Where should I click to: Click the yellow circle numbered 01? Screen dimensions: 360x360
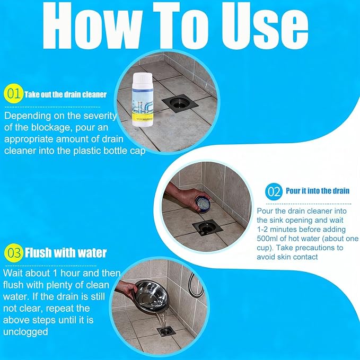point(14,93)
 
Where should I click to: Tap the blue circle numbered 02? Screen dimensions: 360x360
point(274,191)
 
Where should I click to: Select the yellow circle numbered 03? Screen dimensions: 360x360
point(14,253)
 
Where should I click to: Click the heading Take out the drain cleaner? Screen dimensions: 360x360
point(66,94)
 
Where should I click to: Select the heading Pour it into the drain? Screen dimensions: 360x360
point(318,191)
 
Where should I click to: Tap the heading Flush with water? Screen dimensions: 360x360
point(66,253)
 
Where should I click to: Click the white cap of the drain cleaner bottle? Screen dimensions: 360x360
point(143,79)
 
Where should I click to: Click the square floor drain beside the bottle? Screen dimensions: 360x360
point(180,103)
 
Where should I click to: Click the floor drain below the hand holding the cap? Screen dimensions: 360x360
point(207,228)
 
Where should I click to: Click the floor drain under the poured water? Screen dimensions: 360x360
point(166,332)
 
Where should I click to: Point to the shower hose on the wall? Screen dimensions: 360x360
point(195,285)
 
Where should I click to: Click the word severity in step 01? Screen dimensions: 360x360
point(100,116)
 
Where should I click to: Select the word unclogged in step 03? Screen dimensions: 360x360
point(25,332)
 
